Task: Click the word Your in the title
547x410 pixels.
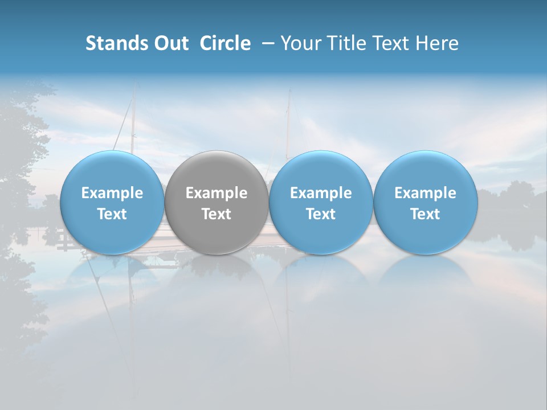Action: click(x=301, y=43)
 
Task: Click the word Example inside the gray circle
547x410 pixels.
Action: click(x=217, y=193)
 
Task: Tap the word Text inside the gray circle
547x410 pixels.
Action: click(x=217, y=214)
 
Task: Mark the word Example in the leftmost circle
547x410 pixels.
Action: click(x=112, y=193)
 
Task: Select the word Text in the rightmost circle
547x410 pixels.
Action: click(x=425, y=214)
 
